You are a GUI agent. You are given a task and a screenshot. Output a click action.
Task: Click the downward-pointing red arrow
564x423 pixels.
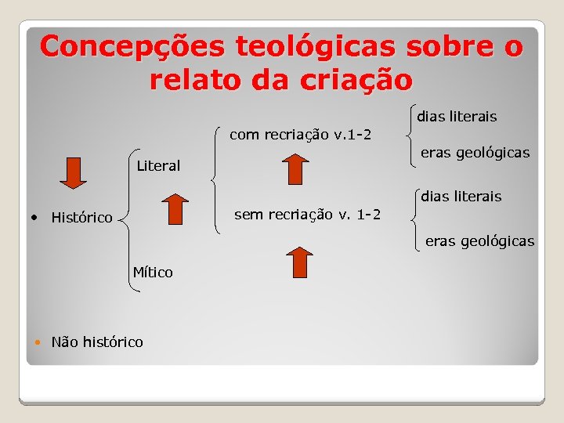click(74, 173)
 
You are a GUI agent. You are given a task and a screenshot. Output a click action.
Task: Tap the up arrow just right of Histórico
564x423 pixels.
click(175, 211)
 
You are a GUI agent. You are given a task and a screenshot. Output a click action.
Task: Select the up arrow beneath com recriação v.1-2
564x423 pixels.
click(295, 169)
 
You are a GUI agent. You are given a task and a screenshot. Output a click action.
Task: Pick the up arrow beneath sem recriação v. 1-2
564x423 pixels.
click(298, 262)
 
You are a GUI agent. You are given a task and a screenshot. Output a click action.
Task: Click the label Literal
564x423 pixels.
click(158, 166)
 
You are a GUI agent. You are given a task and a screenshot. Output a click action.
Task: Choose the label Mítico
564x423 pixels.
click(153, 273)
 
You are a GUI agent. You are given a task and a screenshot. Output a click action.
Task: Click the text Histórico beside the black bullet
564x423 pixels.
click(81, 218)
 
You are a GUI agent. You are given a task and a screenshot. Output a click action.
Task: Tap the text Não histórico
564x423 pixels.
click(97, 342)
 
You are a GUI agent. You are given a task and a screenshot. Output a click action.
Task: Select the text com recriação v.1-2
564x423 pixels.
click(300, 135)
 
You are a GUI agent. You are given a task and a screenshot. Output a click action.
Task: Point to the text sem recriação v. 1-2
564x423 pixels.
click(308, 214)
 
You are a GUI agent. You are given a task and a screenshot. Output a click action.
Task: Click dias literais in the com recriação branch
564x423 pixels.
click(457, 117)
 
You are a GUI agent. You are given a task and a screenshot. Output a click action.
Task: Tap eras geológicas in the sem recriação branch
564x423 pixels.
click(479, 241)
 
